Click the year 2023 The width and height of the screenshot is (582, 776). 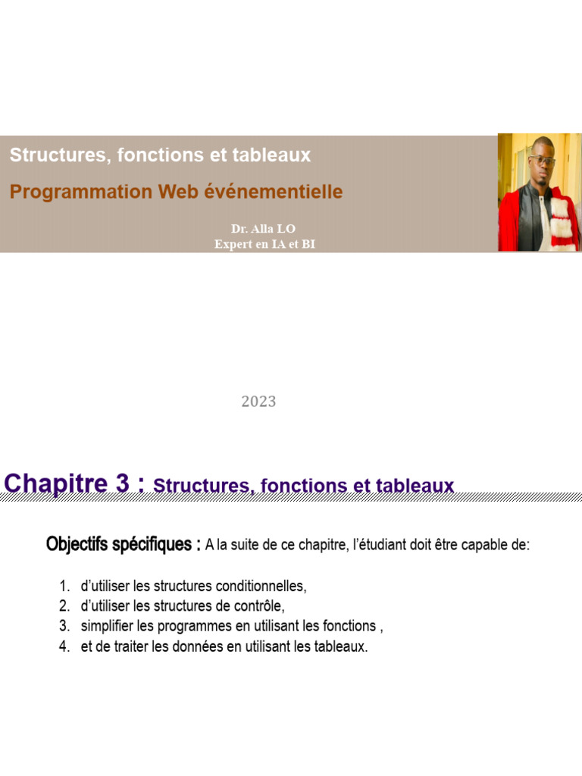point(258,402)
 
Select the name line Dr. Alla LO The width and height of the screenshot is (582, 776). point(264,229)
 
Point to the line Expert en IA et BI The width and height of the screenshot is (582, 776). point(264,243)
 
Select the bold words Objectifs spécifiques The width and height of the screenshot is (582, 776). point(123,544)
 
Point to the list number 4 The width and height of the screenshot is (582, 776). point(64,646)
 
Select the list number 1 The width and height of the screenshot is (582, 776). point(64,587)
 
